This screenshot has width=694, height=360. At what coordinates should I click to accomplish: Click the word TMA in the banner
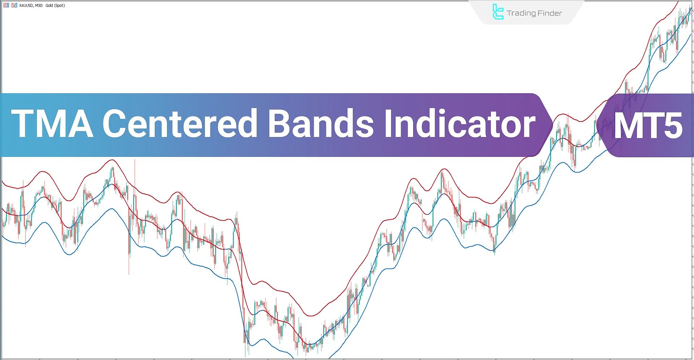(52, 124)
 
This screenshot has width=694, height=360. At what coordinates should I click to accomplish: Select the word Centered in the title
(180, 123)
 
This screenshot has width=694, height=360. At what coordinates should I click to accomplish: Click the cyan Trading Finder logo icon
(498, 12)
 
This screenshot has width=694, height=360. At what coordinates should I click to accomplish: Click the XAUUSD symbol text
(26, 5)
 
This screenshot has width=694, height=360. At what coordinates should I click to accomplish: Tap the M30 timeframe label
(39, 5)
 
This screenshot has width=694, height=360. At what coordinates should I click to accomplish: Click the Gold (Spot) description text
(55, 5)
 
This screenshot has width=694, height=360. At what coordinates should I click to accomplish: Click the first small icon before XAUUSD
(6, 5)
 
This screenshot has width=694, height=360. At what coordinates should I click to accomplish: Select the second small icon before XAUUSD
(14, 5)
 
